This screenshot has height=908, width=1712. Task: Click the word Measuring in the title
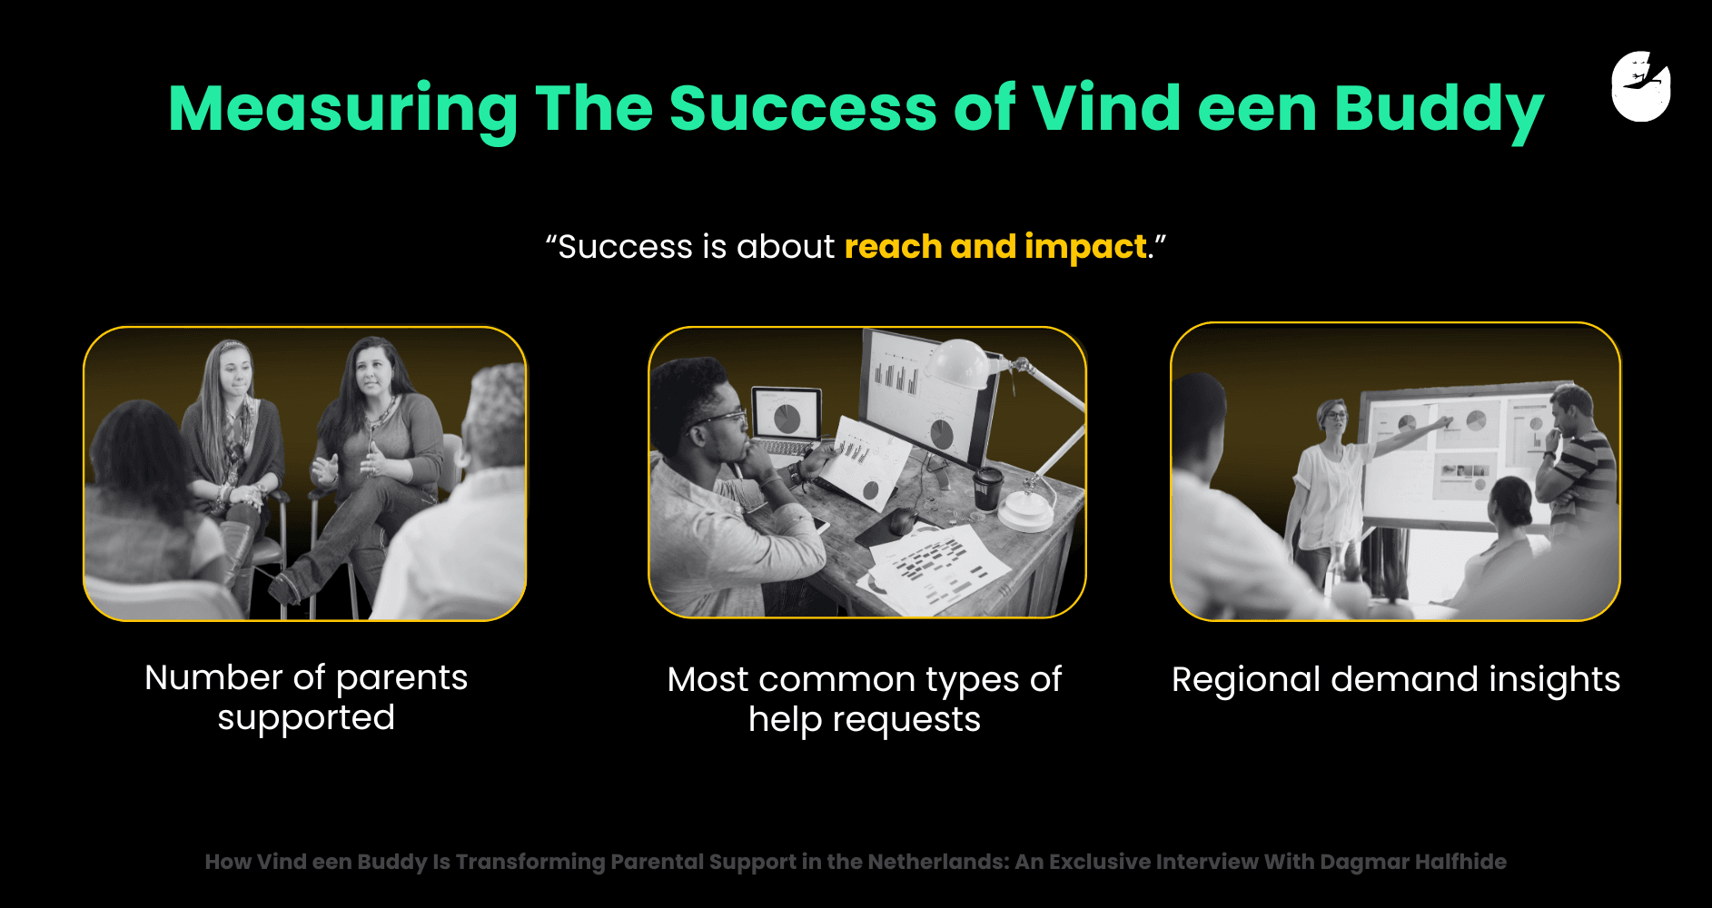[343, 110]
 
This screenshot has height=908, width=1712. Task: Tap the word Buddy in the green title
[1439, 110]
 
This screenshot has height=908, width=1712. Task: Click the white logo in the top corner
[1641, 86]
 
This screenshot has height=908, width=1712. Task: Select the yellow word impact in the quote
[1086, 247]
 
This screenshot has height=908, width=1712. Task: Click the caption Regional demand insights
[1396, 680]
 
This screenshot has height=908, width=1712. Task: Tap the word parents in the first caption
[401, 679]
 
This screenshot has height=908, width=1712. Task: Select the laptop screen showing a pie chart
[787, 416]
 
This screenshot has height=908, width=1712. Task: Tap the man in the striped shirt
[1578, 459]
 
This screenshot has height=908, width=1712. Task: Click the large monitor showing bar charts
[927, 396]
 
